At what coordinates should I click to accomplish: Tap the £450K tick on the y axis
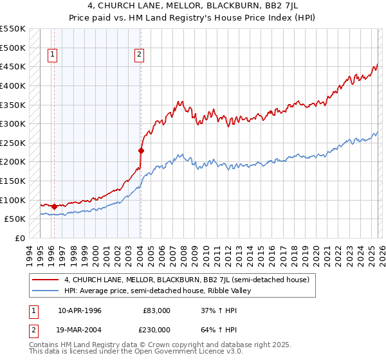[x=13, y=66]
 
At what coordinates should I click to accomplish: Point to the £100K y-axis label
[x=13, y=200]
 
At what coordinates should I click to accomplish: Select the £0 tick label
[x=19, y=238]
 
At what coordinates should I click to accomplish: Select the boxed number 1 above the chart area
[x=52, y=55]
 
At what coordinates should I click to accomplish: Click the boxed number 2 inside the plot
[x=139, y=55]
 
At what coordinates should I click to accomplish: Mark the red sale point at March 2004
[x=141, y=150]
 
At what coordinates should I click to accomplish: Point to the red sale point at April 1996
[x=54, y=206]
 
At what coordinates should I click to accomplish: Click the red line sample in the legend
[x=45, y=280]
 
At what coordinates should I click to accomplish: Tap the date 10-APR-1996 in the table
[x=79, y=310]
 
